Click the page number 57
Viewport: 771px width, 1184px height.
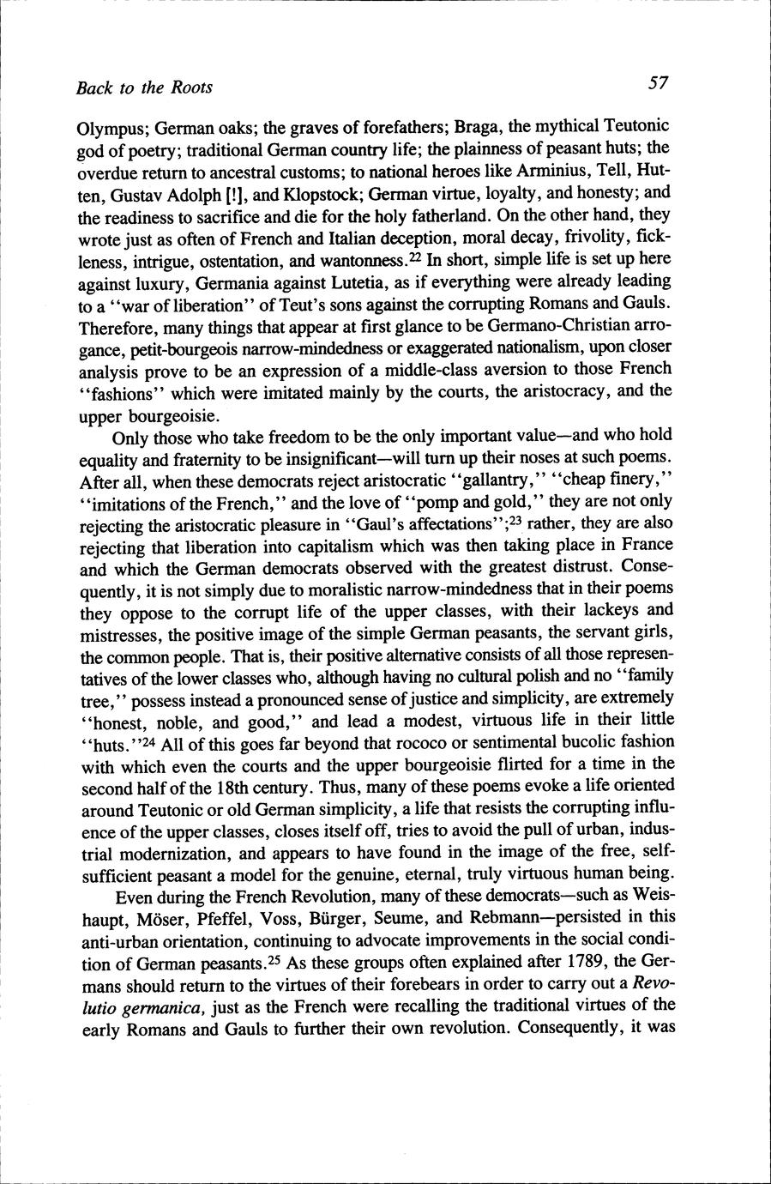point(658,83)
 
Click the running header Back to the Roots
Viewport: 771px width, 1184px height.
point(144,87)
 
